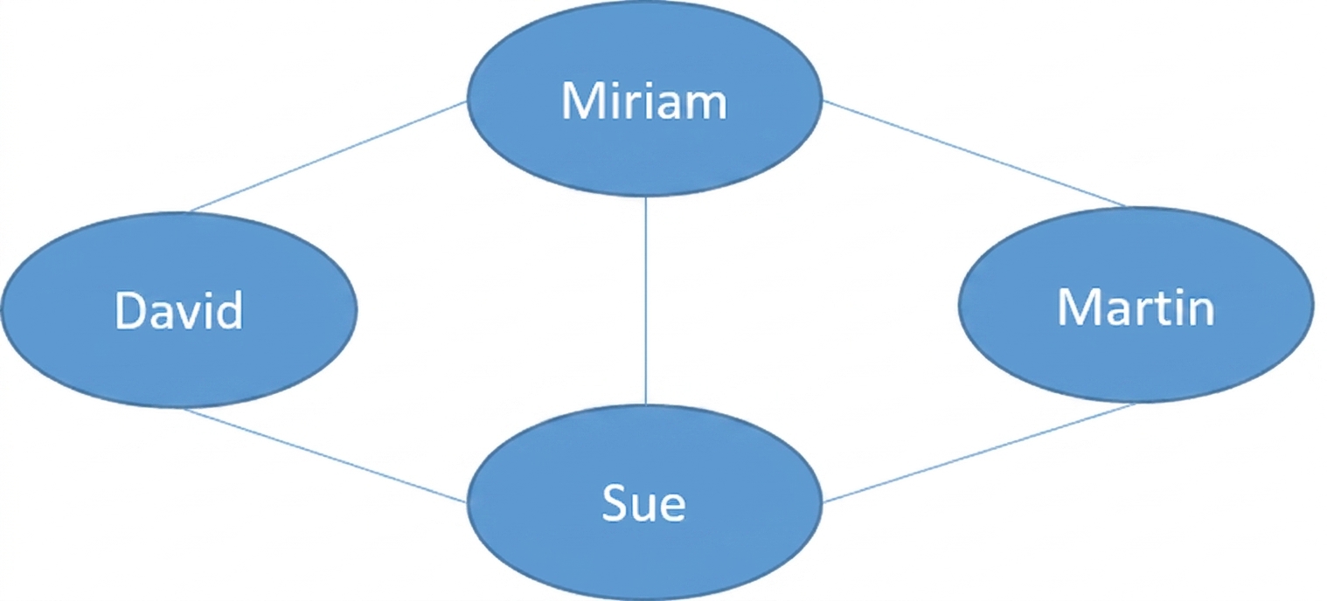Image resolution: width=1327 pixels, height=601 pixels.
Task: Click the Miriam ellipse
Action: [644, 99]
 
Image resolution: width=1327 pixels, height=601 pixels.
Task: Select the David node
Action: [179, 310]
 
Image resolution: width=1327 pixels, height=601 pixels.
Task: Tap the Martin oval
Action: [1136, 304]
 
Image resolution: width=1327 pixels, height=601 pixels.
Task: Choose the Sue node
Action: [644, 502]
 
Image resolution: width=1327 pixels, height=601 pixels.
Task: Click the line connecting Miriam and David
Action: [328, 156]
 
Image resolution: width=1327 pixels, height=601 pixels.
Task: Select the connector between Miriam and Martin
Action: [974, 154]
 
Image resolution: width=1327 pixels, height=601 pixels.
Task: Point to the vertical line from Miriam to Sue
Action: [646, 300]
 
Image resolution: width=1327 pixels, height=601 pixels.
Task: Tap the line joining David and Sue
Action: [324, 455]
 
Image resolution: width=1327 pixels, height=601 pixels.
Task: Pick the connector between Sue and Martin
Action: [979, 452]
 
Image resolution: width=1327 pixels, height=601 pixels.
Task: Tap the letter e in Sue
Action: [671, 508]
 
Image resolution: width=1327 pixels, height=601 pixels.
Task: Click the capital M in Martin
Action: [1077, 307]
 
